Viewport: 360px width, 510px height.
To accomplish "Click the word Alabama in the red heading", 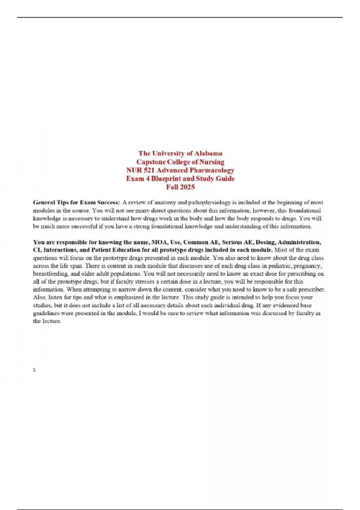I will point(208,153).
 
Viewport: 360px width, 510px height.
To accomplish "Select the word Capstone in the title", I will point(150,162).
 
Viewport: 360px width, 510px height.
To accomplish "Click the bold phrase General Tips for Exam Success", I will point(76,202).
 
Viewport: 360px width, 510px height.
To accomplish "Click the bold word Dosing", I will point(265,242).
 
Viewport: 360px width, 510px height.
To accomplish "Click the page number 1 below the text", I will point(34,370).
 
